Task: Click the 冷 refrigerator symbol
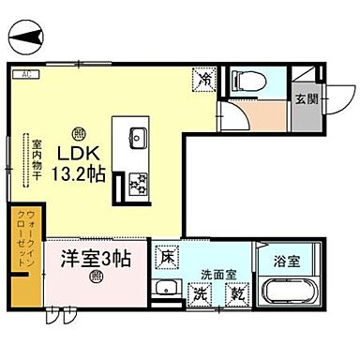pos(204,80)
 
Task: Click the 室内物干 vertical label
pos(37,158)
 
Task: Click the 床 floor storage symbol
pos(167,254)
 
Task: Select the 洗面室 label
pos(217,276)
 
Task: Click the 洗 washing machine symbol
pos(200,293)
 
